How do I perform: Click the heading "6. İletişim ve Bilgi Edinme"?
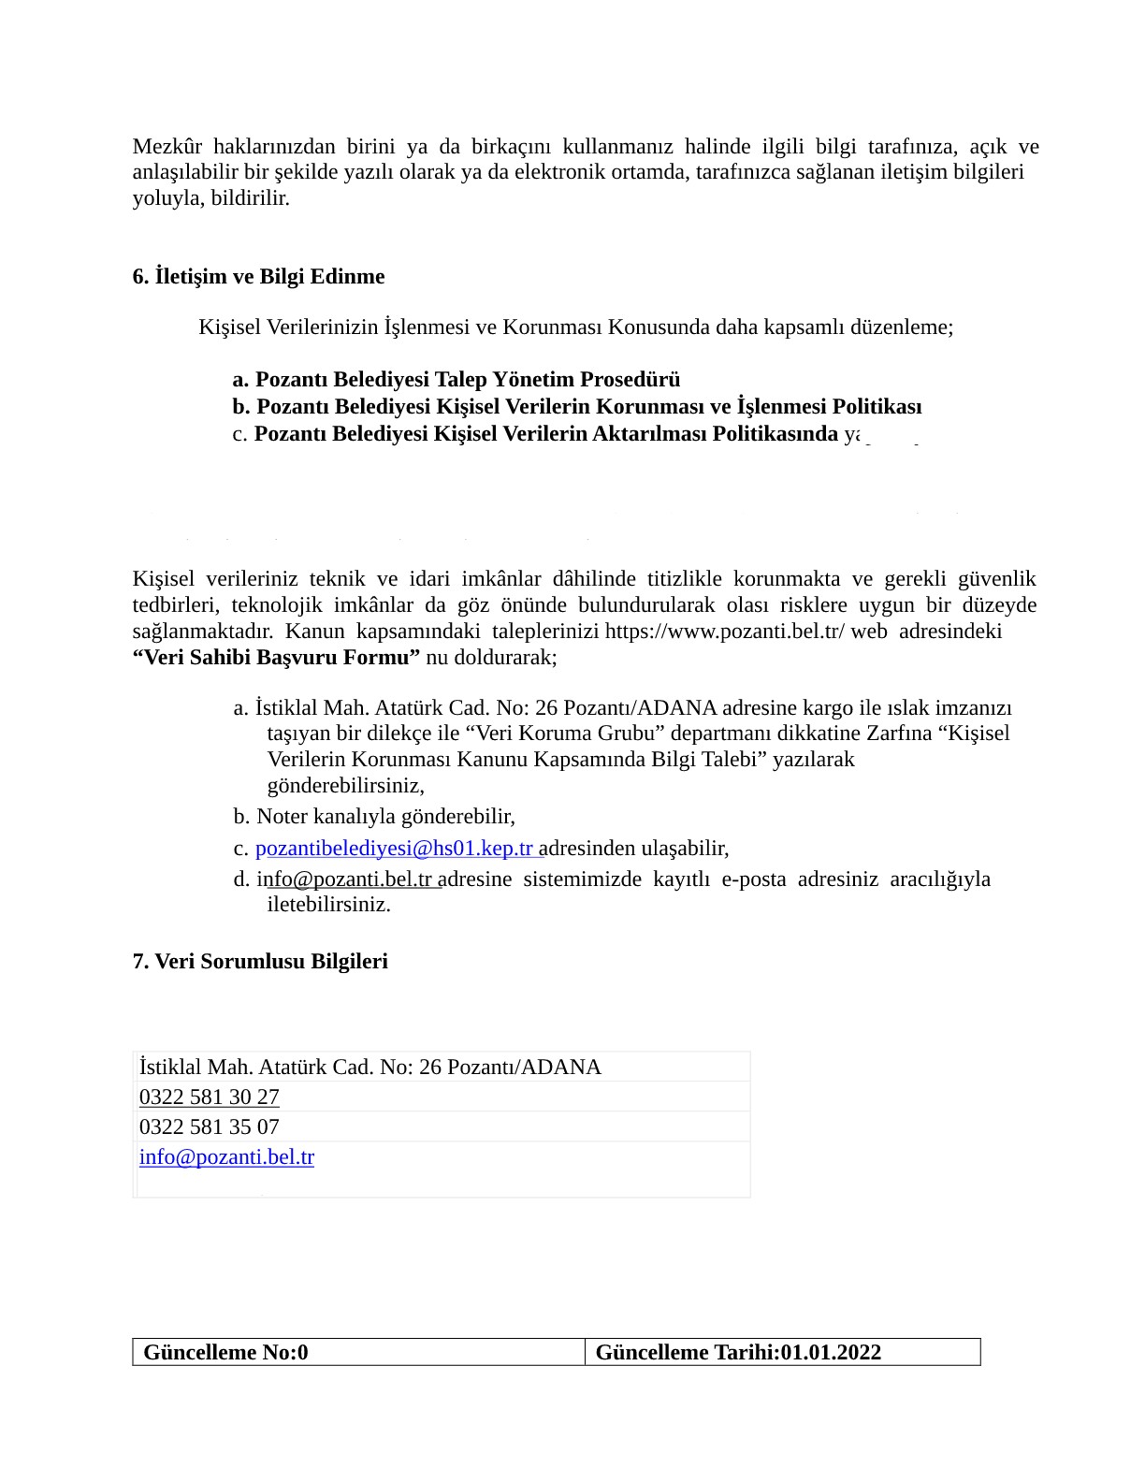258,276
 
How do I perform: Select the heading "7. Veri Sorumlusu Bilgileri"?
260,961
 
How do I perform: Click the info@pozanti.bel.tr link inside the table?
226,1156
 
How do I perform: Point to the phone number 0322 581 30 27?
209,1097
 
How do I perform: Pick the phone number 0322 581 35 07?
209,1126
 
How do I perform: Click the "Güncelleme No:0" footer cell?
225,1352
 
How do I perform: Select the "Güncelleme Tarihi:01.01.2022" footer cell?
737,1352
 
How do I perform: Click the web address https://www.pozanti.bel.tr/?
725,631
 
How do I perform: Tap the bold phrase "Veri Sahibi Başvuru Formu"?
276,657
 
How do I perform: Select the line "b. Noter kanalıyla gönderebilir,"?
374,816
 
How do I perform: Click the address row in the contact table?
370,1067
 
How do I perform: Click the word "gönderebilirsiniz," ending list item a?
345,785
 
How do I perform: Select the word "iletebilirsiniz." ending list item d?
328,904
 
